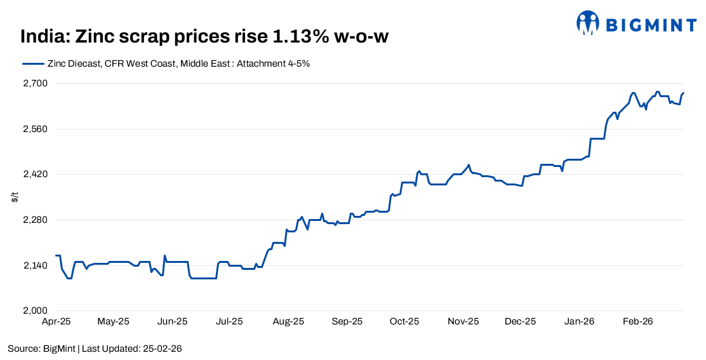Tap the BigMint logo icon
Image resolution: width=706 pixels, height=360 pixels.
[587, 23]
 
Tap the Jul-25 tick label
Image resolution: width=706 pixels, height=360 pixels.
[230, 322]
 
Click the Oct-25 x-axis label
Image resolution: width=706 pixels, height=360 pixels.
[405, 322]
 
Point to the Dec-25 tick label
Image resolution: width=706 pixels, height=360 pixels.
[521, 322]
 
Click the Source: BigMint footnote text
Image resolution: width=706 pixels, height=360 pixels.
[41, 349]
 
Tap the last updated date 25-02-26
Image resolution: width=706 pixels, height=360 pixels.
[164, 349]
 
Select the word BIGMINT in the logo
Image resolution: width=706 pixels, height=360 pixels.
[650, 24]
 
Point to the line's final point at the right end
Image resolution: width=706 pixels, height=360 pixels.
[684, 93]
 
